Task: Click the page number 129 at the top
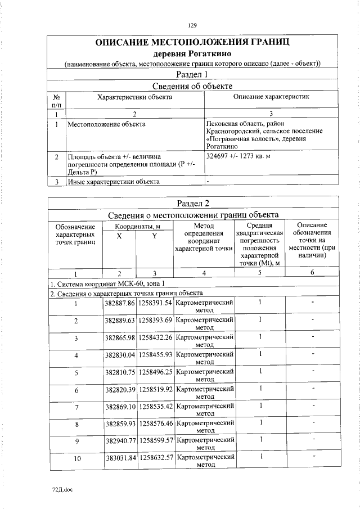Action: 192,25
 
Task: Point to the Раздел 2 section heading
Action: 192,203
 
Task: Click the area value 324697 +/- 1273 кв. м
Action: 238,156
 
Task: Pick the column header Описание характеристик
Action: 271,97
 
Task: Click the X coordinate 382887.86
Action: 120,303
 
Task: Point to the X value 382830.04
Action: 120,355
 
